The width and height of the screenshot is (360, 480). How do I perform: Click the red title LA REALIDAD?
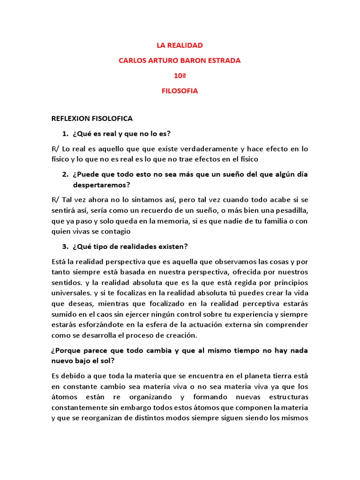pos(180,45)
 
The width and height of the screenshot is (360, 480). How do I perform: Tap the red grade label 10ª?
pos(180,75)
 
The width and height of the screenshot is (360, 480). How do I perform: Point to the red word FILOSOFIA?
pos(180,91)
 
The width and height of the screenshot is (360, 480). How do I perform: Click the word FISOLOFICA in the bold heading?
pos(112,119)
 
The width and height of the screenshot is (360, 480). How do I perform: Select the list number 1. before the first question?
pos(65,134)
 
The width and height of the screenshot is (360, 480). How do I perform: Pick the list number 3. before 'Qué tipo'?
pos(65,247)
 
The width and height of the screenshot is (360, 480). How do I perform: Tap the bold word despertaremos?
pos(101,185)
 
